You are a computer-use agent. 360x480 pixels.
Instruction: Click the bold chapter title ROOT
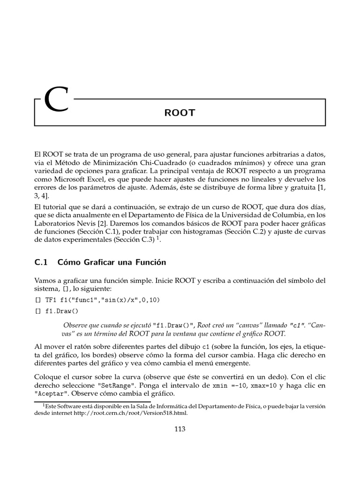click(x=180, y=113)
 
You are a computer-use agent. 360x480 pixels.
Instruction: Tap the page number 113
click(x=180, y=428)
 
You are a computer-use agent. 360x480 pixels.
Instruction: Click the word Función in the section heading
click(x=150, y=262)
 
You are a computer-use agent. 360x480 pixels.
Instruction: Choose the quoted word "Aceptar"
click(x=51, y=393)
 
